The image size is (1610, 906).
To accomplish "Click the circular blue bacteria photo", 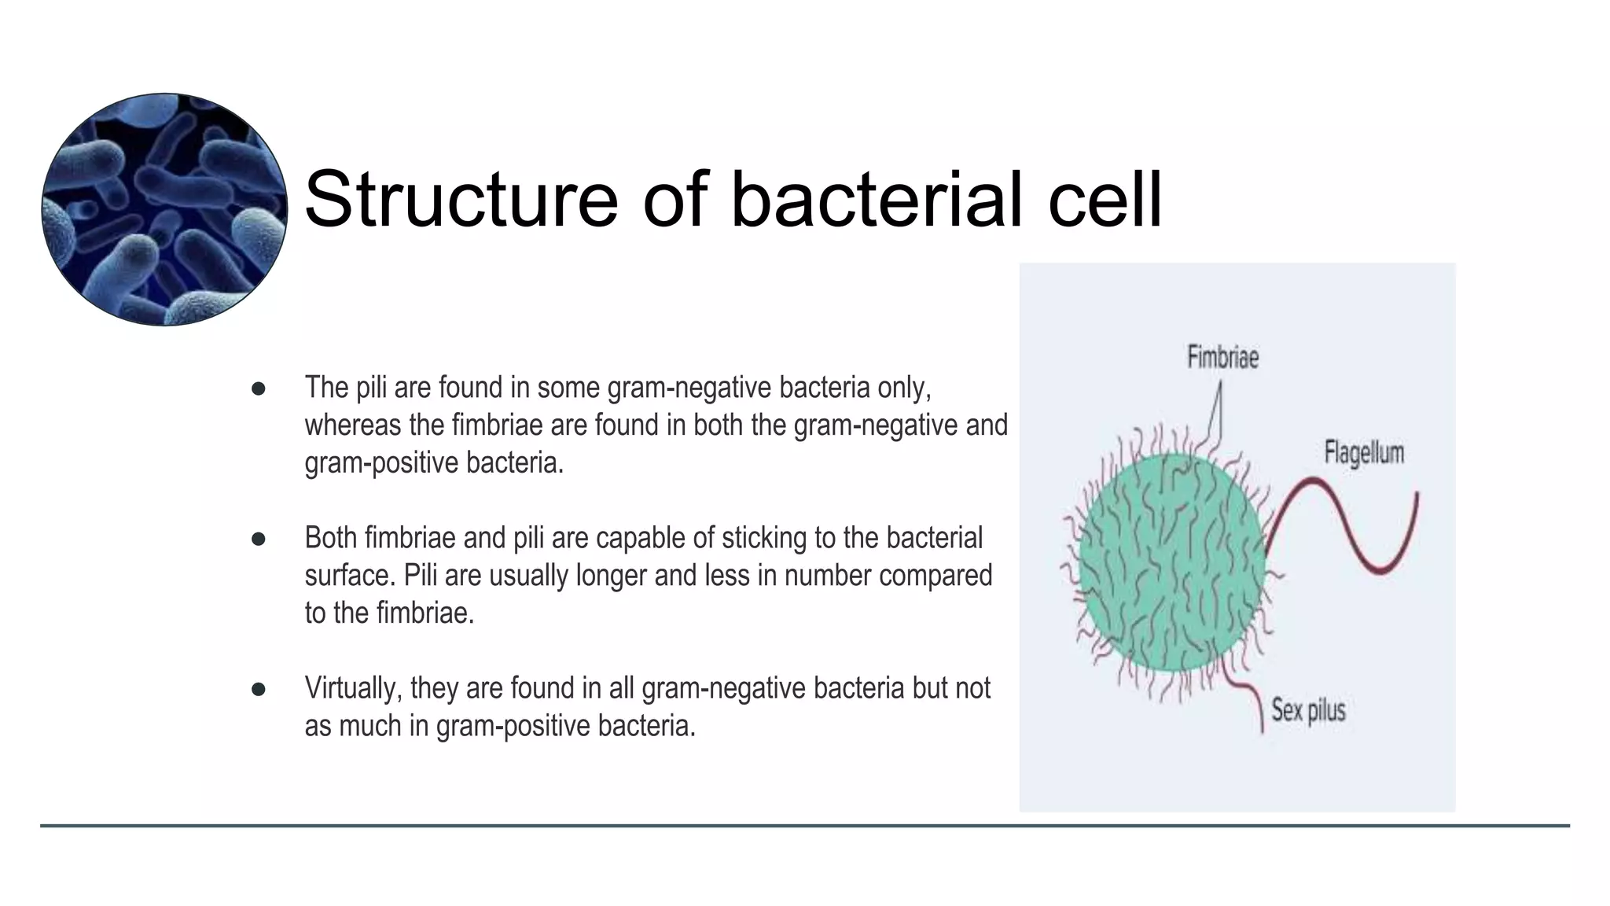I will tap(164, 209).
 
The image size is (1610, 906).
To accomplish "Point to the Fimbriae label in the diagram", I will tap(1222, 358).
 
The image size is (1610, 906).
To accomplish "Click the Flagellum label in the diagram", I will tap(1363, 453).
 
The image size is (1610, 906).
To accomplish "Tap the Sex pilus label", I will tap(1308, 710).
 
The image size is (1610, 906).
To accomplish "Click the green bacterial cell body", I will tap(1171, 562).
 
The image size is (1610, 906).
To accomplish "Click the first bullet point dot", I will tap(258, 389).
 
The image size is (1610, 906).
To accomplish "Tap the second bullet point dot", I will tap(258, 539).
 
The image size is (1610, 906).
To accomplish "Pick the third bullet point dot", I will tap(258, 689).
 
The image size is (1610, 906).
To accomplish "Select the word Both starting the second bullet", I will tap(331, 538).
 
